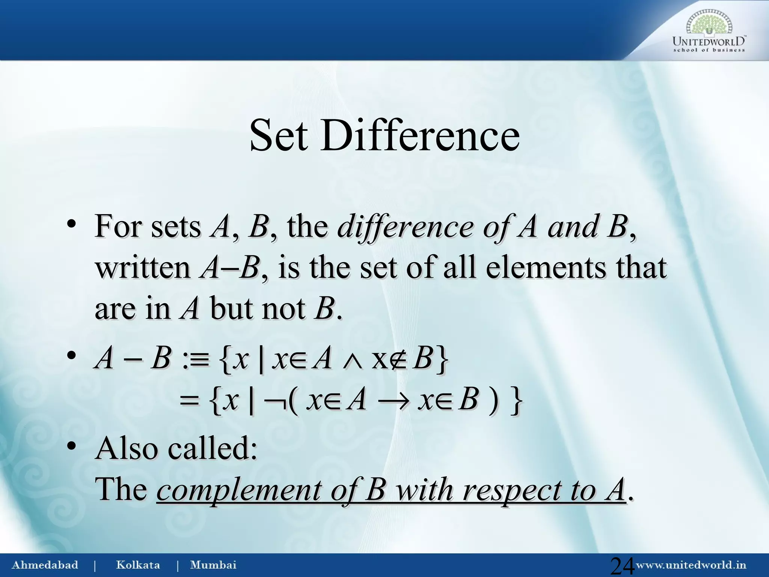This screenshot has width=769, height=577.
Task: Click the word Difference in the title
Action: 419,135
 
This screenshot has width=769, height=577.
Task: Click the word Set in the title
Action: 278,135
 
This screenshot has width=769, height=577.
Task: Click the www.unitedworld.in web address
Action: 691,565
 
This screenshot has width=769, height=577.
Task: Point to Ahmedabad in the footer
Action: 45,565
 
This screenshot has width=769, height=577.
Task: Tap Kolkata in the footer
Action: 138,565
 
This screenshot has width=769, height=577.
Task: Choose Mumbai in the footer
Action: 213,565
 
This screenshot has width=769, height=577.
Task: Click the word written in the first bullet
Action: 143,267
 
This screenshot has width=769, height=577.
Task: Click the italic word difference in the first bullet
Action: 406,227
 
